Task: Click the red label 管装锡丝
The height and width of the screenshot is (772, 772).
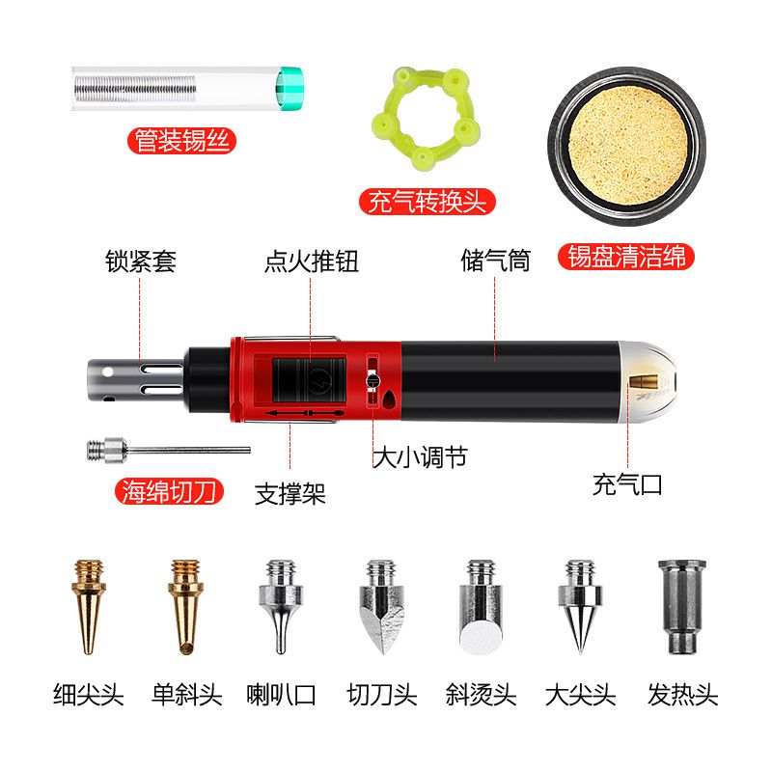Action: point(181,140)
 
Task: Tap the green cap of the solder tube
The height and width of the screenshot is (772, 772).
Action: point(289,89)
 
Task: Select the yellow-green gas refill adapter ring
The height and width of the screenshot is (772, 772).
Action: point(426,119)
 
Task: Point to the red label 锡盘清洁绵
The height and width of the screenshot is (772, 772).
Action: point(625,257)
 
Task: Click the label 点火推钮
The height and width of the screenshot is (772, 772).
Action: point(311,261)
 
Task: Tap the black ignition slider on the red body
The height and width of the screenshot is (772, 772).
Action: point(309,380)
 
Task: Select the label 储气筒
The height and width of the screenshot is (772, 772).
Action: point(495,260)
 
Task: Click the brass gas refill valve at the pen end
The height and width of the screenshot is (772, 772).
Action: point(644,381)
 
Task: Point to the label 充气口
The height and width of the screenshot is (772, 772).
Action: point(627,484)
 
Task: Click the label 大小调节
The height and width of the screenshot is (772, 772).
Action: point(420,457)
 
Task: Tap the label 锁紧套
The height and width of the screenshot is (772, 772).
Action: point(141,261)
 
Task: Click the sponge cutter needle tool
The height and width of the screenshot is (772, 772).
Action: point(168,450)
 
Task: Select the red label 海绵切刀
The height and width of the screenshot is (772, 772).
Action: point(170,491)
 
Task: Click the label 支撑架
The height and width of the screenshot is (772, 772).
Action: point(290,494)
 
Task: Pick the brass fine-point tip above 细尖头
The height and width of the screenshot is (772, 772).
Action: point(89,607)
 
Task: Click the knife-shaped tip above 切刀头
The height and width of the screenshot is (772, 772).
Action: point(382,607)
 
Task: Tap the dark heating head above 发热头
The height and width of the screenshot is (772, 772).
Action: point(682,607)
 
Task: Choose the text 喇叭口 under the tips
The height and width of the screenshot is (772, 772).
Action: point(281,695)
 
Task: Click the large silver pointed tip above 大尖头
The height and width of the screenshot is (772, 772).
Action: point(580,607)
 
